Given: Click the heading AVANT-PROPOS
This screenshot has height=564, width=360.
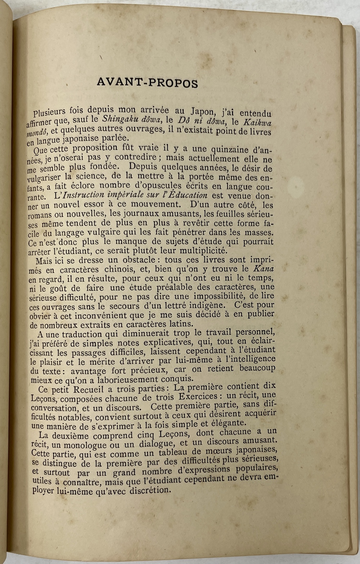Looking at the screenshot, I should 147,83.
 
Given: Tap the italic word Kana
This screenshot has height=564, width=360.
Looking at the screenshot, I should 264,269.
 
